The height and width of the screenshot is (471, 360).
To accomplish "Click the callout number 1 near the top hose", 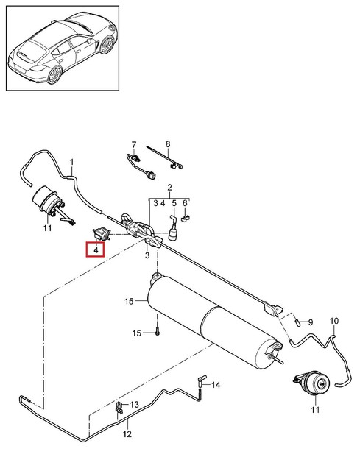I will pyautogui.click(x=72, y=161).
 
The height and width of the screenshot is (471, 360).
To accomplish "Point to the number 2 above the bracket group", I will pyautogui.click(x=169, y=188).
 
